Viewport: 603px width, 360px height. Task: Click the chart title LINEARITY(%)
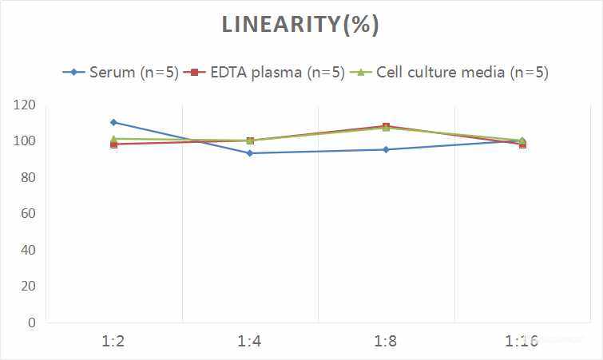(x=300, y=25)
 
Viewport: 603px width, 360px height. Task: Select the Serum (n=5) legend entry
(x=121, y=72)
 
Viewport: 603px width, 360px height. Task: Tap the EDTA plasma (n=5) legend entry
(x=264, y=72)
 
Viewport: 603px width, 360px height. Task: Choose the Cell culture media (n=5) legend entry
(x=448, y=72)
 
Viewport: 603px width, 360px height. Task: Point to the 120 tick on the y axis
(x=25, y=105)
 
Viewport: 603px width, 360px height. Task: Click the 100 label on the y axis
(x=25, y=141)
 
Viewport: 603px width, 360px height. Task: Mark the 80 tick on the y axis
(x=28, y=177)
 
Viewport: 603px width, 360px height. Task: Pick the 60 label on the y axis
(x=28, y=213)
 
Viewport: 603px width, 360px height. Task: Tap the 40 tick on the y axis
(x=28, y=250)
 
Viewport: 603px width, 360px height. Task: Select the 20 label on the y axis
(x=28, y=286)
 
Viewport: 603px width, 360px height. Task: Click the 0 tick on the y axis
(x=32, y=322)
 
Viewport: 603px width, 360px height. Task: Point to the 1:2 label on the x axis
(x=113, y=341)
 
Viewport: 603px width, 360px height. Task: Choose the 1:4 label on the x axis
(x=249, y=341)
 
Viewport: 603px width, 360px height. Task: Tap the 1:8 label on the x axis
(x=386, y=341)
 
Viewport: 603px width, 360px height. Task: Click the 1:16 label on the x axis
(x=522, y=341)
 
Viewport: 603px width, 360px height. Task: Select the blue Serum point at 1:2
(x=113, y=122)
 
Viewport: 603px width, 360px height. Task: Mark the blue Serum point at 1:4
(x=249, y=153)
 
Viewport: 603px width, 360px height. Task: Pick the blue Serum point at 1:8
(x=386, y=149)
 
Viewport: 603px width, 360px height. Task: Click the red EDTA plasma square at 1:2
(x=114, y=144)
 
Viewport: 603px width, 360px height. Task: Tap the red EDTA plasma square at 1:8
(x=386, y=125)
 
